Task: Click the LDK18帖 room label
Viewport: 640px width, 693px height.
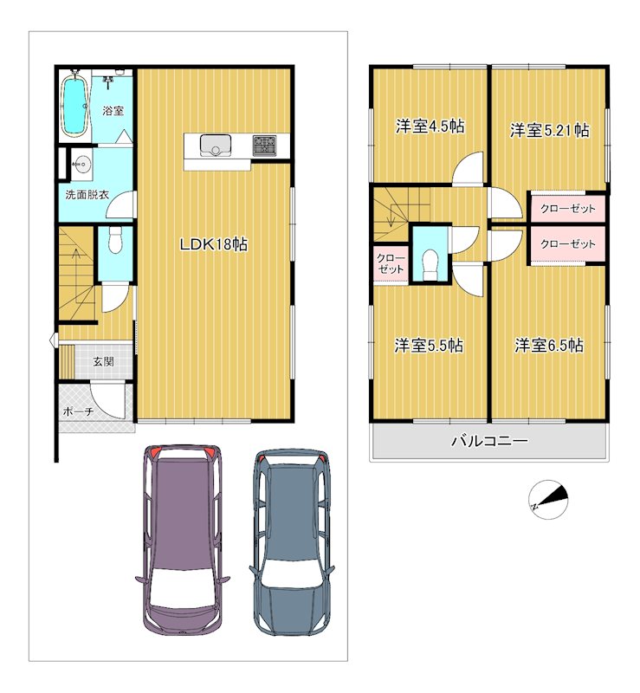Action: click(x=214, y=244)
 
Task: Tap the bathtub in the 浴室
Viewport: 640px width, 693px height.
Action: click(x=74, y=106)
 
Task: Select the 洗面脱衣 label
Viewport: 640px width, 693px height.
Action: click(x=87, y=194)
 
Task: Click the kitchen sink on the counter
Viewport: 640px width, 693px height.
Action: click(x=216, y=146)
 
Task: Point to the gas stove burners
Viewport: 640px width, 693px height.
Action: click(x=264, y=146)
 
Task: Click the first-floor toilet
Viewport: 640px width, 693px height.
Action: click(x=115, y=241)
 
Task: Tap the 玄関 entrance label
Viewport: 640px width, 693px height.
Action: click(x=103, y=361)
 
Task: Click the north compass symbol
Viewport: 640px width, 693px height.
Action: click(x=548, y=500)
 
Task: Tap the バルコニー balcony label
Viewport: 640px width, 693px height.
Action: click(x=489, y=441)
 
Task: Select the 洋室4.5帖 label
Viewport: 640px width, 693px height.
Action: click(x=430, y=126)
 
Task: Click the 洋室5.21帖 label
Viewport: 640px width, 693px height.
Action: click(x=549, y=131)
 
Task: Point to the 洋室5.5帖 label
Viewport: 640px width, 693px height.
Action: click(x=429, y=345)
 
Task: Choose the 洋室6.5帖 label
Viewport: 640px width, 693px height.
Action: click(x=549, y=345)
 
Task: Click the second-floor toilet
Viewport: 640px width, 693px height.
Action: click(x=430, y=264)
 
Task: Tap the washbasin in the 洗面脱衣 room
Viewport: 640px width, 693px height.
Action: click(x=81, y=165)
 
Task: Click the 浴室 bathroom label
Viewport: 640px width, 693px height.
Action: click(x=113, y=111)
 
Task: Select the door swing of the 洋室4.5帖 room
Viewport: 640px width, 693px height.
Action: click(x=468, y=168)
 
